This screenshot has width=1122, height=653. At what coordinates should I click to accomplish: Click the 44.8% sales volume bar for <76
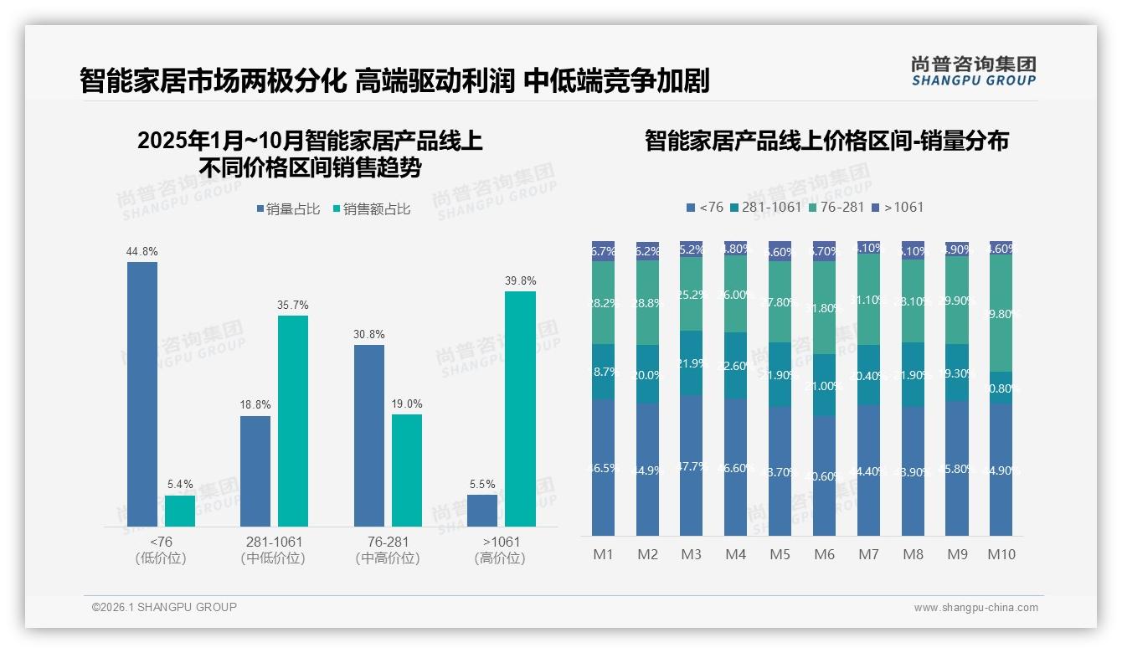(142, 393)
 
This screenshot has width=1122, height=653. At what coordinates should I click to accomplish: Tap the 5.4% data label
(180, 484)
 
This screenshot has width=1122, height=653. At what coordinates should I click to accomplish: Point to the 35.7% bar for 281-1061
(293, 420)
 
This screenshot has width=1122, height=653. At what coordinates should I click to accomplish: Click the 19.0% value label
(407, 404)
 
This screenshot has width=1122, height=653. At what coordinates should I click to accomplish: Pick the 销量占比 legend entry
(288, 209)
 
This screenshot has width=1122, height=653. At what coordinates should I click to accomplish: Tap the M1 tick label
(603, 554)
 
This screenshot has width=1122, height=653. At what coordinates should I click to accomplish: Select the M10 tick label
(1001, 554)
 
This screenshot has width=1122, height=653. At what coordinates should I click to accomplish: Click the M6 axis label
(824, 554)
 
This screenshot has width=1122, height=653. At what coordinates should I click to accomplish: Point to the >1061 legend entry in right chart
(898, 207)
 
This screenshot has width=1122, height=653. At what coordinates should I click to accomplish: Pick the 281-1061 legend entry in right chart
(765, 207)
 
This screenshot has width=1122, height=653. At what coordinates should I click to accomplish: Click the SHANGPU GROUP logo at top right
(974, 71)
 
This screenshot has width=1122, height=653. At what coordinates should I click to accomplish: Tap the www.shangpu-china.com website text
(975, 608)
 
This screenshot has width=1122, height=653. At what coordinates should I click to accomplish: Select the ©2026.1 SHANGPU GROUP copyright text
(164, 607)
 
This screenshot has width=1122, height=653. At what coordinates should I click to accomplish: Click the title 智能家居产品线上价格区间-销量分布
(826, 141)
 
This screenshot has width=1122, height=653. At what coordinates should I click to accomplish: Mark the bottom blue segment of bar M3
(691, 465)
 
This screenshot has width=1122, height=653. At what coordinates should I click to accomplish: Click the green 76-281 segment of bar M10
(1001, 313)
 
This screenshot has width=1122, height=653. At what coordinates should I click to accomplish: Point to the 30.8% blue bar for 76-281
(369, 435)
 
